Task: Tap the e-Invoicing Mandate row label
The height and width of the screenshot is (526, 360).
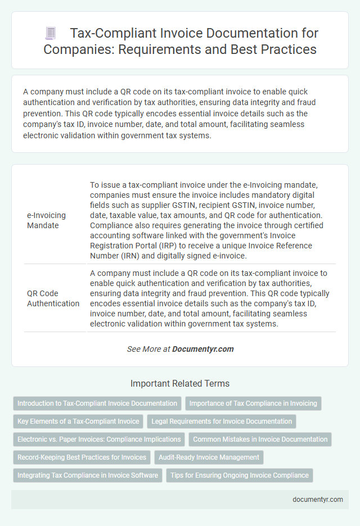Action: (46, 220)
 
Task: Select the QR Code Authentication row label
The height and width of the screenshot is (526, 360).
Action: (53, 298)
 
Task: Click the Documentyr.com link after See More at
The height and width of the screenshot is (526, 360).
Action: (202, 349)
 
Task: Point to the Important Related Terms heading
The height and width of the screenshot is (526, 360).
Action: (179, 384)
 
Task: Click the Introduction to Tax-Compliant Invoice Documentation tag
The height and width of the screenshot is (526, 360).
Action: (97, 403)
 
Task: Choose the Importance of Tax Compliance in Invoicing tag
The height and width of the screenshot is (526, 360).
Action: (253, 403)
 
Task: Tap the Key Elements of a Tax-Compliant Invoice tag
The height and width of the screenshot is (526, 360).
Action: (78, 421)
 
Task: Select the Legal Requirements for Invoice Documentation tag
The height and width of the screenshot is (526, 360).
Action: (221, 421)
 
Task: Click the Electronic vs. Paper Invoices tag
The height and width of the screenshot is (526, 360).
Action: (98, 439)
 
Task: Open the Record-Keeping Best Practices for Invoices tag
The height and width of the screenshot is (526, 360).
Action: (82, 457)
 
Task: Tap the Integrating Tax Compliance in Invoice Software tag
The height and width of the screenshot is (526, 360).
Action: (87, 475)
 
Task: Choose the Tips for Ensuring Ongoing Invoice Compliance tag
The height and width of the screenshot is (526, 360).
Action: (239, 475)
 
